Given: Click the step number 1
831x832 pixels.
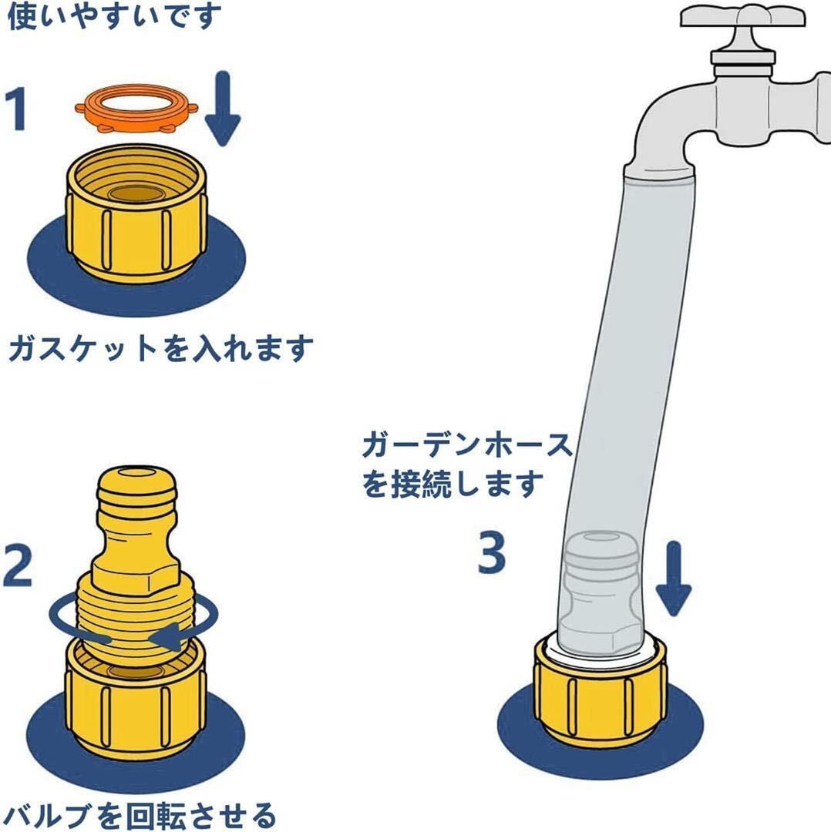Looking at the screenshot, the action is point(16,109).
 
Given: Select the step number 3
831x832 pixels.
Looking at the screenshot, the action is point(492,552).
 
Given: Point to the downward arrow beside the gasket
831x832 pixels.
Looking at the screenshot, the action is point(223,109).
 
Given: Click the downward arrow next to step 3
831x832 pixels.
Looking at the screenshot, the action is point(673,579).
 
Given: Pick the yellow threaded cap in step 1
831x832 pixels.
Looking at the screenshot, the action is point(136,215).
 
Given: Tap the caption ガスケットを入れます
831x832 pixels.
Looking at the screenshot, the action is point(161,348).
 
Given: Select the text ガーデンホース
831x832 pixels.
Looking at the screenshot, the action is point(467,445).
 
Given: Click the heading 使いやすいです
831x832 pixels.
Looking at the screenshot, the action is point(114,16).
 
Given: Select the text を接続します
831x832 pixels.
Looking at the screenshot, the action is point(453,485).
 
